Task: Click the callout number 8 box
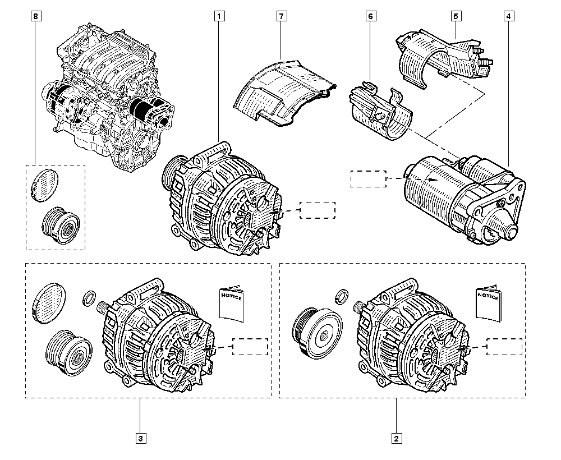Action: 36,17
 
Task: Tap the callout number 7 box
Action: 282,17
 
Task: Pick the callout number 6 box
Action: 370,17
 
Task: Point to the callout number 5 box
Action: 456,17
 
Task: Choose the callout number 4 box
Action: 508,17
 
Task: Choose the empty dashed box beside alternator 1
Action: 317,210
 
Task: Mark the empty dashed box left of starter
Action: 367,178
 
